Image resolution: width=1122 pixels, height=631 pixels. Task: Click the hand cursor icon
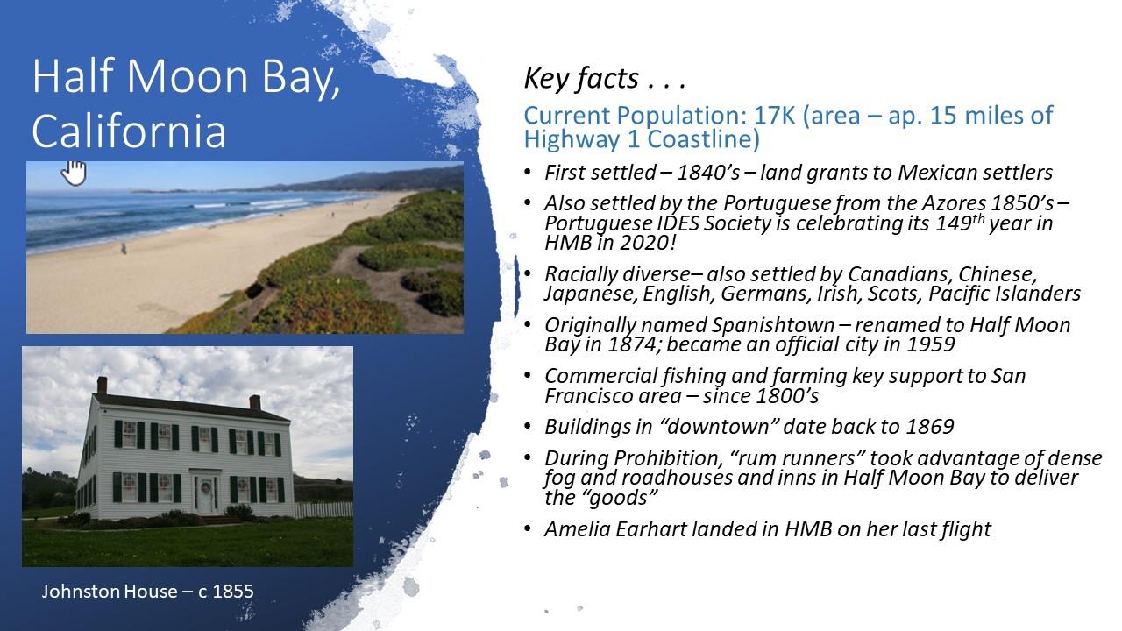tap(75, 173)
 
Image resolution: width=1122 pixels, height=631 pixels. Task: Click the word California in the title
tap(129, 131)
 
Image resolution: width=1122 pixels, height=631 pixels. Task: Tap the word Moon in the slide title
tap(188, 75)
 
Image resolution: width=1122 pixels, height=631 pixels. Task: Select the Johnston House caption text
tap(147, 592)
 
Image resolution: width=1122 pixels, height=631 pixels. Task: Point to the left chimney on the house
tap(102, 385)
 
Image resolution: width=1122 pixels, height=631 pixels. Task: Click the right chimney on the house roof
tap(255, 402)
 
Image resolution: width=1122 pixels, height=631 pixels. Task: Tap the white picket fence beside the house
tap(323, 510)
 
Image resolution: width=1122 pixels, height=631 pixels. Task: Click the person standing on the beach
tap(124, 248)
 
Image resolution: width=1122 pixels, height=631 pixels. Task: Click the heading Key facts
tap(605, 79)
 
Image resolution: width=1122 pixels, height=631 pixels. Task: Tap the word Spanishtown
tap(772, 326)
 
